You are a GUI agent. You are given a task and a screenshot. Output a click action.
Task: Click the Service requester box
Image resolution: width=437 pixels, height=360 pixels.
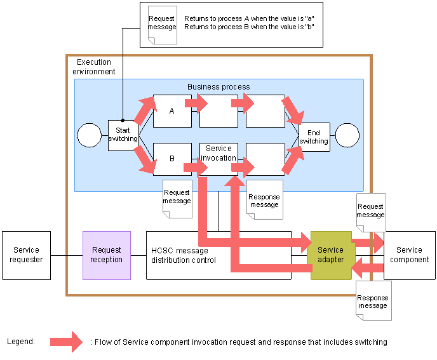coord(27,255)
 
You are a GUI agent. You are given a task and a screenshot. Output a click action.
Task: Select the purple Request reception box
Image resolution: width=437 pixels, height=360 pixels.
coord(107,255)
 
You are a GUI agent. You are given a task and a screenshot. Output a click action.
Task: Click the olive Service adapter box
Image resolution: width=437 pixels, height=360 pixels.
coord(331,255)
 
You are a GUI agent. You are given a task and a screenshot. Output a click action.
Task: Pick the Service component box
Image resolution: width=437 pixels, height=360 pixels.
coord(410,255)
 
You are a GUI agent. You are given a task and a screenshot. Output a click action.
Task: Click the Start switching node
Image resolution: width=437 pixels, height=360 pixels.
coord(123,135)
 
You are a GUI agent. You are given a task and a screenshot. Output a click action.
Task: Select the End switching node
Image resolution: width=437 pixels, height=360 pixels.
coord(314,137)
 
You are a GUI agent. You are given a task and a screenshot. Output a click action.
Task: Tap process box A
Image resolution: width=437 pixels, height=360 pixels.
coord(172,111)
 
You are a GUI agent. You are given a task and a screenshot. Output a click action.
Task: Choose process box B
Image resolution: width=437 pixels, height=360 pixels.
coord(172,159)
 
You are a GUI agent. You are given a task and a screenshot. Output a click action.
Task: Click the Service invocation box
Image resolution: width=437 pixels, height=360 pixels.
coord(218,154)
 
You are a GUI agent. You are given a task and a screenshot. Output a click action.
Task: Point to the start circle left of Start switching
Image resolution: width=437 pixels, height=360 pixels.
coord(89,135)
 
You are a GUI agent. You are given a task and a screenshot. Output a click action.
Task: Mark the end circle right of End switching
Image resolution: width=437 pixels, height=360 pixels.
coord(347,135)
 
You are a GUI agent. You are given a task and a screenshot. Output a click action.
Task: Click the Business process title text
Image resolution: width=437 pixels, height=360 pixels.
coord(218,86)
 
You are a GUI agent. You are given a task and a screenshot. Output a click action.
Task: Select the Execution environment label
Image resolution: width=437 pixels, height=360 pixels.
coord(94,67)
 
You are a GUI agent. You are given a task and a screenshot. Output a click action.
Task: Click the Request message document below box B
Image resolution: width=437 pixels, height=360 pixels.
coord(177,198)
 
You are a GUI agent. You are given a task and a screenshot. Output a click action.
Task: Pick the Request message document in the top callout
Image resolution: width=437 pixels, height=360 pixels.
coord(162,24)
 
